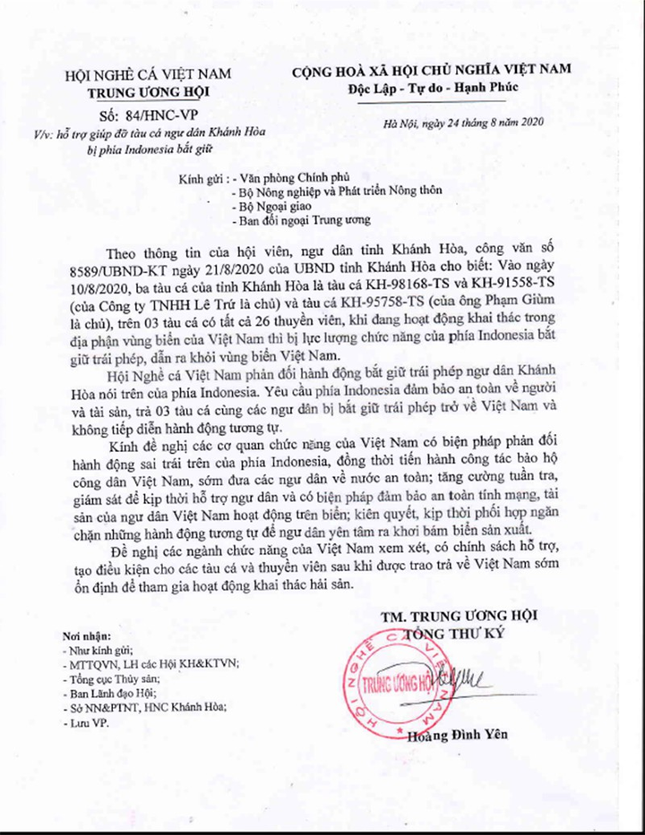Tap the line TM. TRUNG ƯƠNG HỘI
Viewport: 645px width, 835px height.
pyautogui.click(x=455, y=618)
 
